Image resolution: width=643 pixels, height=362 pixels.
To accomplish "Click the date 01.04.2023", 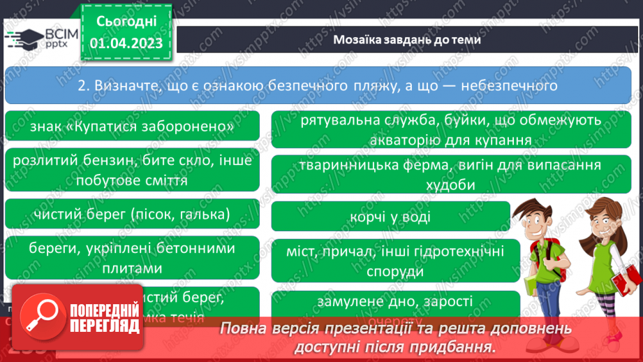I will coord(126,43).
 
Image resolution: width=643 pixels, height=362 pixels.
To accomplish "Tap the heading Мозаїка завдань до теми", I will coord(406,40).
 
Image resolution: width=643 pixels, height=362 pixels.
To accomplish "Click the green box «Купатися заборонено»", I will coord(132,127).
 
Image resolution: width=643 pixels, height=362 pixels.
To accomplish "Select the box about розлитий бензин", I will coord(132,170).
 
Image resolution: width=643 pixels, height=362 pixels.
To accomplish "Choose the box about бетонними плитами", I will coord(132,258).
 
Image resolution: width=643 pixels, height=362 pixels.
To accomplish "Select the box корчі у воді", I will coord(390,217).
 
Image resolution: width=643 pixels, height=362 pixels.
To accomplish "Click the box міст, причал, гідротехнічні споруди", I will coord(395,261).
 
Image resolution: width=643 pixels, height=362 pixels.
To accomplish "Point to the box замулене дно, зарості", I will coord(395,303).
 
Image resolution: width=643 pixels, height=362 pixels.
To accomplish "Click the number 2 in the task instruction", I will coord(81,86).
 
